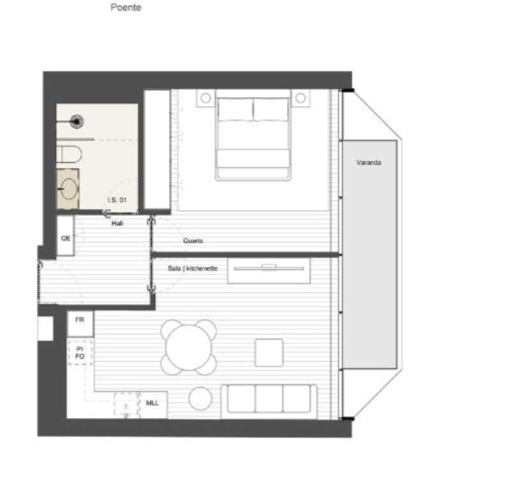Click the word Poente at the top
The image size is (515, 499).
[126, 8]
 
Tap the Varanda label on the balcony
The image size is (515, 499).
[369, 163]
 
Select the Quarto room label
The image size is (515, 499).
[193, 241]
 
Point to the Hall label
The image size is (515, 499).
[116, 224]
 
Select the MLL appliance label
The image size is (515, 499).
[152, 404]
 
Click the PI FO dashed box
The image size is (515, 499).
[80, 352]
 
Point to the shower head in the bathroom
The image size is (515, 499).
[77, 119]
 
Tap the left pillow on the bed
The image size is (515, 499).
[235, 110]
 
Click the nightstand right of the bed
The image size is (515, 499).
[301, 98]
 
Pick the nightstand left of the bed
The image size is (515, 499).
[205, 98]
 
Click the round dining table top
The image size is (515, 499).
[188, 347]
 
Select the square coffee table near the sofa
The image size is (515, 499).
[269, 352]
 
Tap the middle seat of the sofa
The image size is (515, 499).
[269, 400]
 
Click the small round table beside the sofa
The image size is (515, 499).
[200, 399]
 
